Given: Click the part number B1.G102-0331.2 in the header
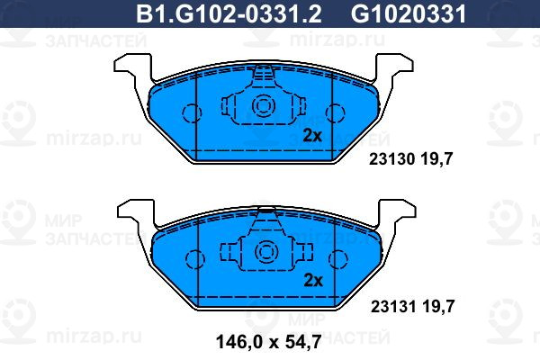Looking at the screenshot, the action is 229,14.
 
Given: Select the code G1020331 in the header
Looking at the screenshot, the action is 409,14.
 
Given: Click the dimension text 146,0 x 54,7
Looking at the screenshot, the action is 269,342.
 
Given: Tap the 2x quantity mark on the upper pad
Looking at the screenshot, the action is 312,136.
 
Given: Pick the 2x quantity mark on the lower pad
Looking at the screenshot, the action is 313,281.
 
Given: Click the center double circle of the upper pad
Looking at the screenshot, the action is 264,106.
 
